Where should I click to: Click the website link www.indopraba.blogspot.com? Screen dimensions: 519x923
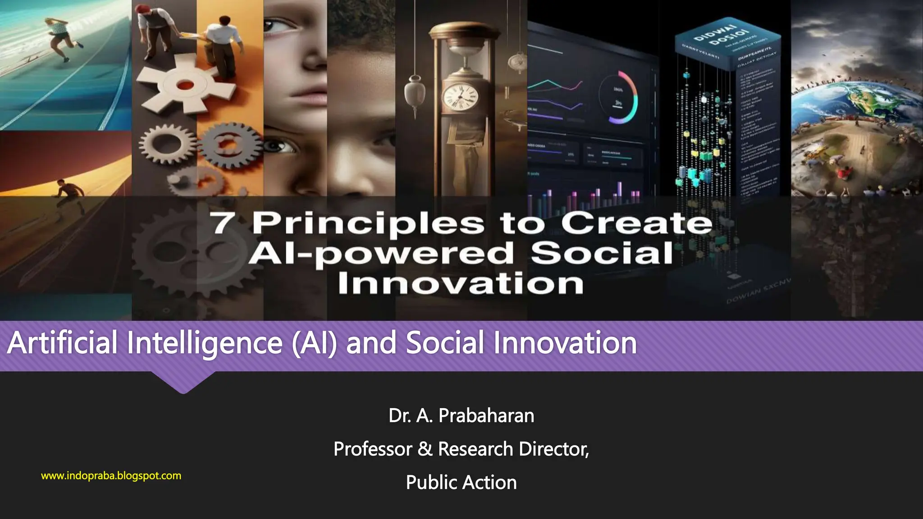(111, 476)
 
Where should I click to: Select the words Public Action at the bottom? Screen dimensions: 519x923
(461, 482)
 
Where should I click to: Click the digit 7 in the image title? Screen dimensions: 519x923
(223, 223)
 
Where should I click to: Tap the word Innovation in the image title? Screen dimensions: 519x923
(461, 283)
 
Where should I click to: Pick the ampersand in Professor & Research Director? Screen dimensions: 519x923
(425, 449)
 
